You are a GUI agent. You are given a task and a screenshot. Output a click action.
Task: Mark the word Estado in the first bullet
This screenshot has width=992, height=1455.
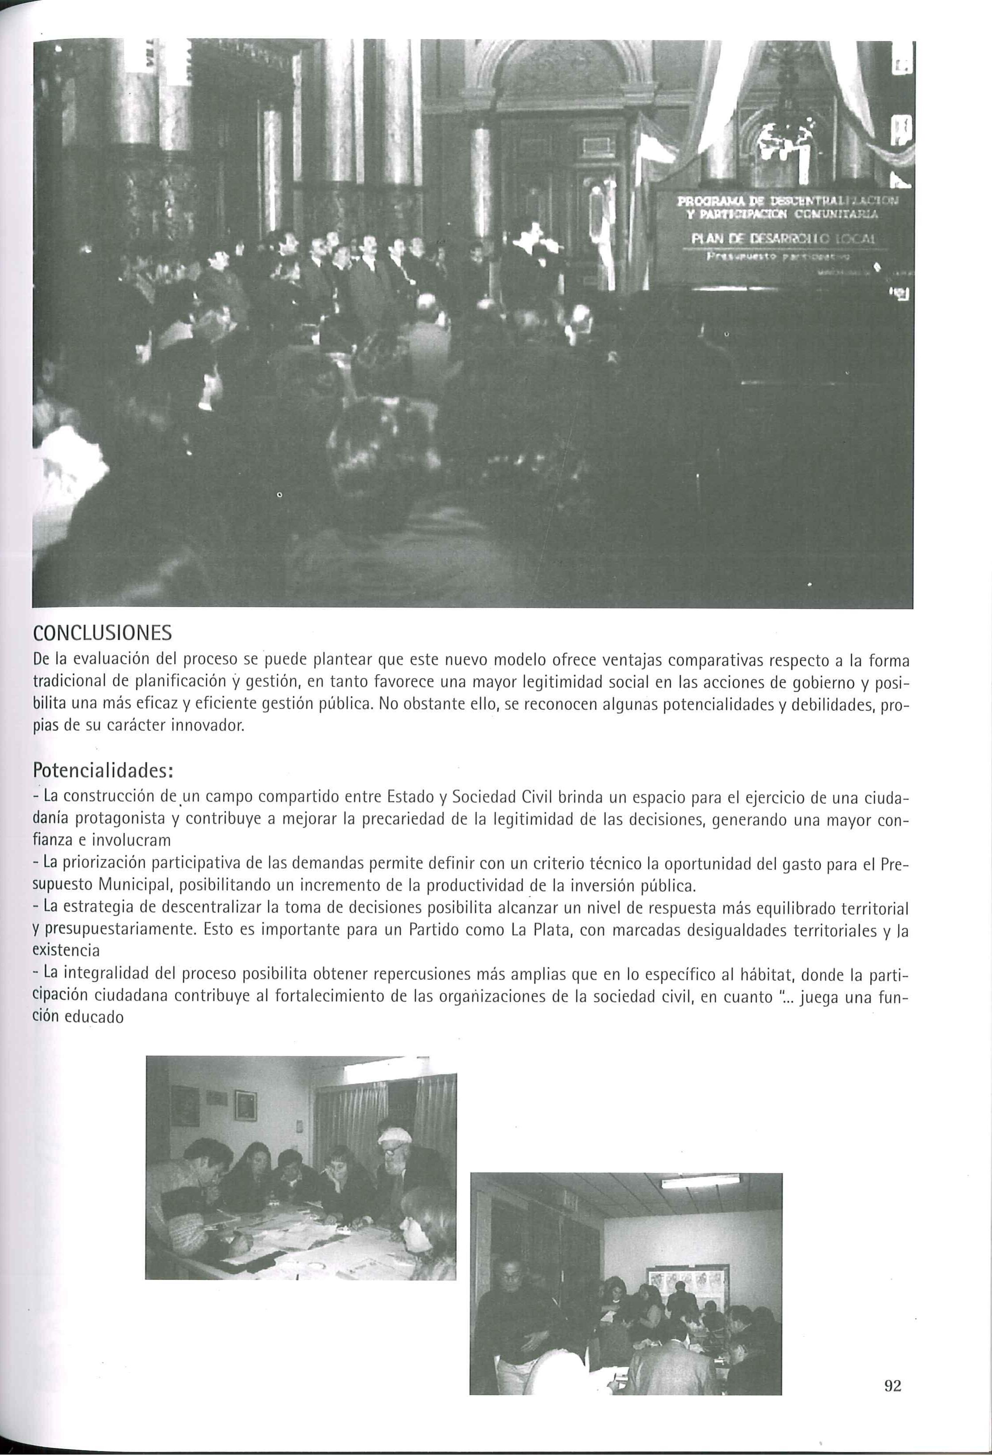pyautogui.click(x=409, y=798)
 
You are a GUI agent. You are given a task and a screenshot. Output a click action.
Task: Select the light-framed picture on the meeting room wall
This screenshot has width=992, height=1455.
pyautogui.click(x=245, y=1106)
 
